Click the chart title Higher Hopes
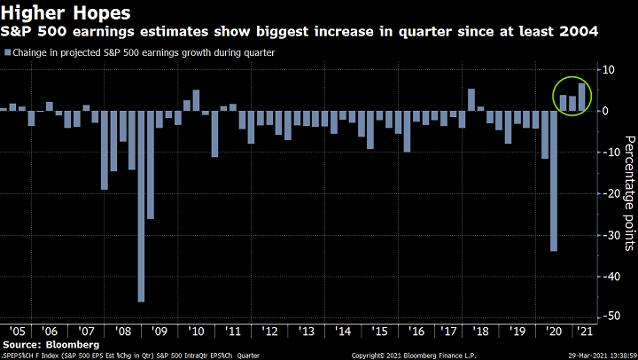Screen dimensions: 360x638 (67, 12)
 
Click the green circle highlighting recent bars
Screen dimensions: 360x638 (571, 96)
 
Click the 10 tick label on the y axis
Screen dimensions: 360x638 (610, 70)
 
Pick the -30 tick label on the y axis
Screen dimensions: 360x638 (610, 235)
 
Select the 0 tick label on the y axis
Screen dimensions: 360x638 (610, 111)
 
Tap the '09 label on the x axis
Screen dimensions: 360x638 (159, 330)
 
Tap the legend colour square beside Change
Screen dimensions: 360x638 (7, 53)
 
